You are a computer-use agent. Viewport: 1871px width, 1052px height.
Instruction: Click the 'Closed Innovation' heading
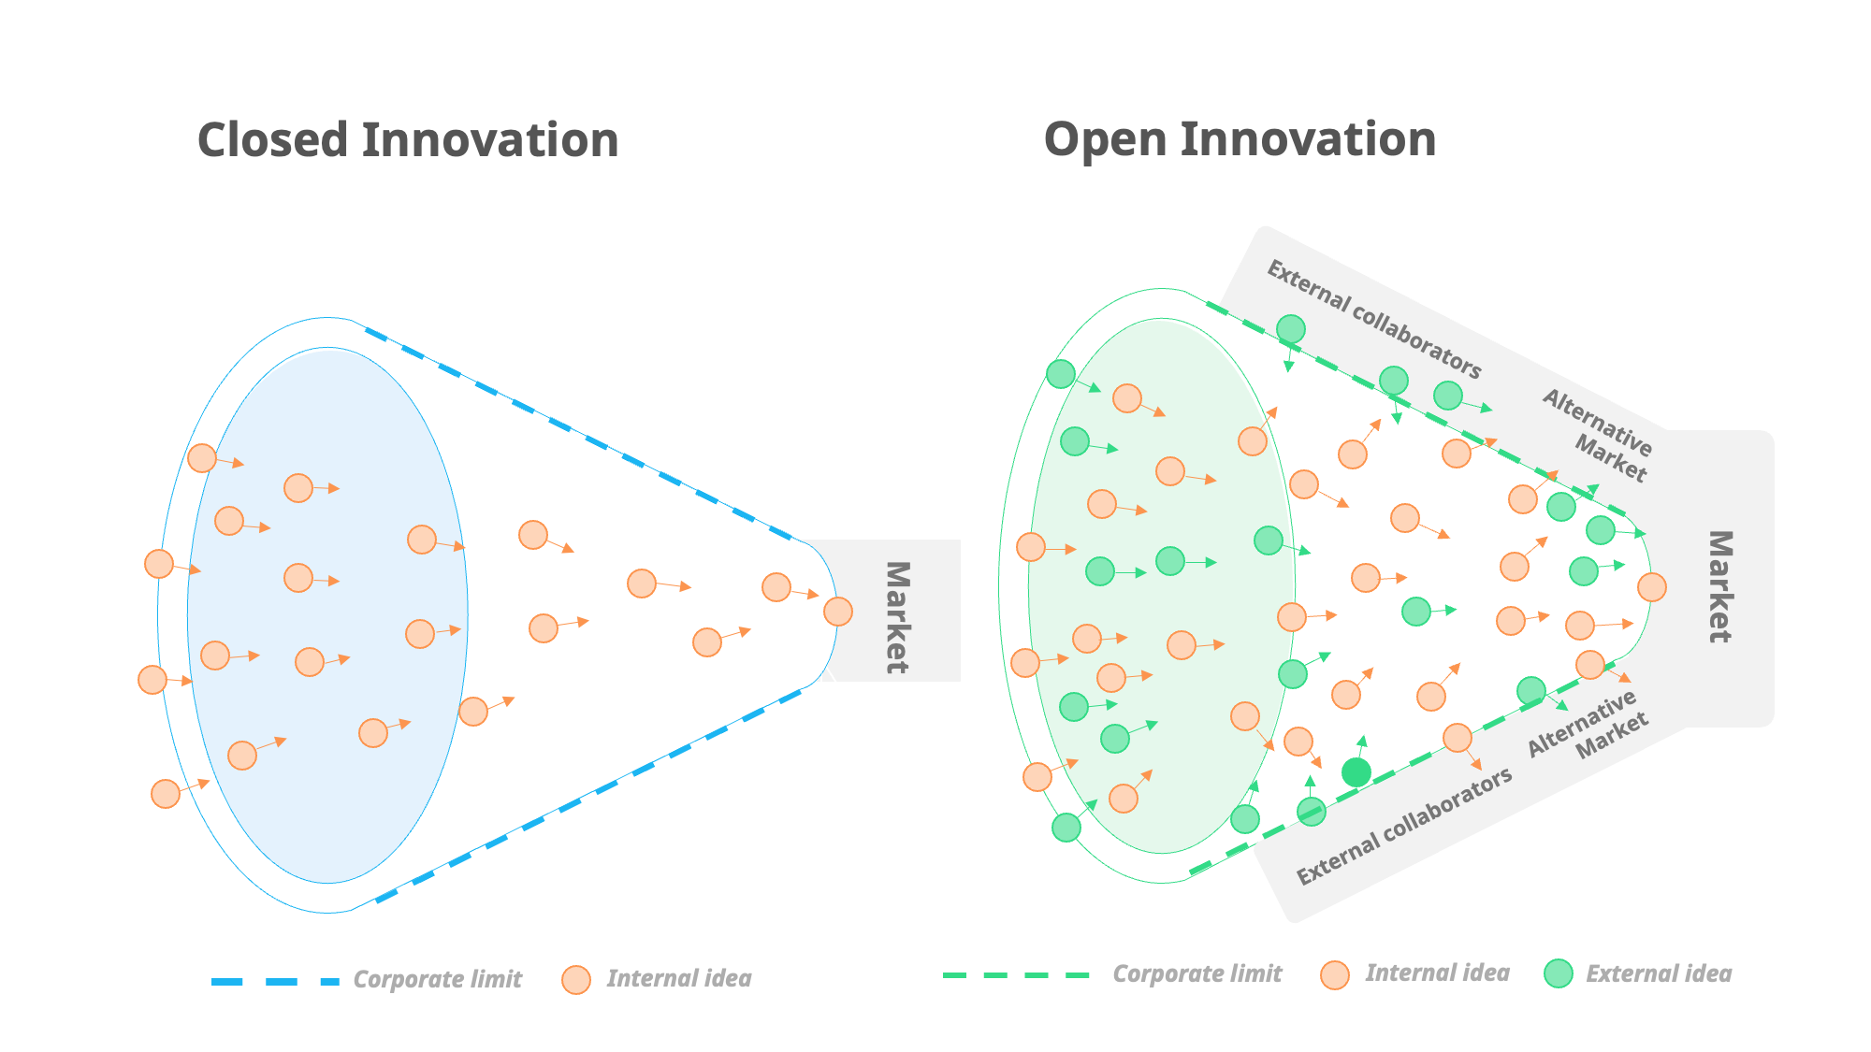408,140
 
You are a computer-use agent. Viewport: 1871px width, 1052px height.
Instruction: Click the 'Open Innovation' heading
1240,139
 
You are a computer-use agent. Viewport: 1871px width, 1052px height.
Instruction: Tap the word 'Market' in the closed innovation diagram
896,617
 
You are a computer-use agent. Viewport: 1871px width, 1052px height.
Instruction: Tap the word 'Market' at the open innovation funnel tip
1719,586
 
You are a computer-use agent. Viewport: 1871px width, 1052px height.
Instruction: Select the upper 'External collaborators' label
1373,320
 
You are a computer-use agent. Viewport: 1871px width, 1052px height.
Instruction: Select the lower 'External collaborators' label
1403,827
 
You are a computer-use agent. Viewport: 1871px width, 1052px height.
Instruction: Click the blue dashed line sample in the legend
275,981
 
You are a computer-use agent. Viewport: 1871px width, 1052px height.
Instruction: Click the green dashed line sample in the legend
1016,975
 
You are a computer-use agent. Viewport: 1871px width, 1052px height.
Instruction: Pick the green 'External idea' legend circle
1559,974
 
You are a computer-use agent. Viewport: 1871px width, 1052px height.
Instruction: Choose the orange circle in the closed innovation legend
576,980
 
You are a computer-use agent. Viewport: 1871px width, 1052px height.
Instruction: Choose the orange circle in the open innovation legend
1335,975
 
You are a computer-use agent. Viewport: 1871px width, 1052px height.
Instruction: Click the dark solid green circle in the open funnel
1356,772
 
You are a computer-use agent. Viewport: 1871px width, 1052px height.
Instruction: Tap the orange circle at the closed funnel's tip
838,612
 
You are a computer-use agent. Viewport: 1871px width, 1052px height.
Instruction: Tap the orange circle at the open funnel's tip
1652,587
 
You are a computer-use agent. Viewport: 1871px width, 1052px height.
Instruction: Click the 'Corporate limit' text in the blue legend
437,979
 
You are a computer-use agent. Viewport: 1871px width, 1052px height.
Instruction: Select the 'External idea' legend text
1659,974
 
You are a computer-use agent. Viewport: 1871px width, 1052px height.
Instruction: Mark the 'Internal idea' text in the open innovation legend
1437,973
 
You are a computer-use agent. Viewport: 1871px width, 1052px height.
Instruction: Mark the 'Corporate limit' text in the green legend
1197,974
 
